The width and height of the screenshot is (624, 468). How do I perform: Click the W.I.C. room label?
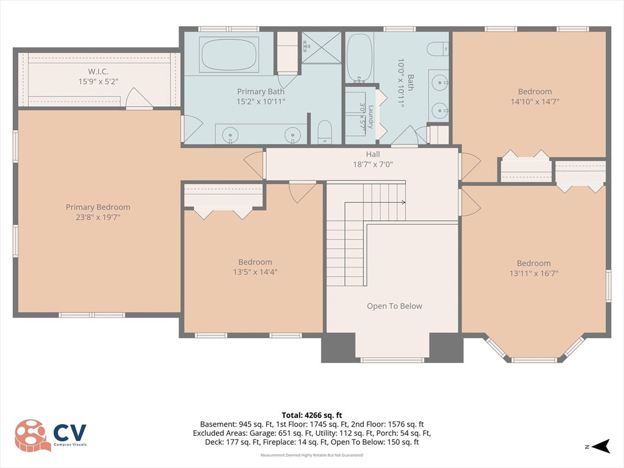click(98, 72)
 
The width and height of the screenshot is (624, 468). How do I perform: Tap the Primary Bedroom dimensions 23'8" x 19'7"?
click(98, 218)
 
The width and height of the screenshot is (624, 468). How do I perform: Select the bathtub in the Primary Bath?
click(229, 54)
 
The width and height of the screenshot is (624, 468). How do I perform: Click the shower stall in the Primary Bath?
click(321, 48)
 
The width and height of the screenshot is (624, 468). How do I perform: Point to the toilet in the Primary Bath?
click(325, 132)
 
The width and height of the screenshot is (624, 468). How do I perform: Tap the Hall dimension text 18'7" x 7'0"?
click(373, 165)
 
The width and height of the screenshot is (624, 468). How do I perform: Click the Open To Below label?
click(394, 306)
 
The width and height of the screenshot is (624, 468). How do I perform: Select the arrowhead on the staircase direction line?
click(403, 202)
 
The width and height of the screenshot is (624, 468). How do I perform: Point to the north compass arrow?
click(601, 446)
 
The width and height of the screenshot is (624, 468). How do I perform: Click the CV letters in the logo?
click(69, 433)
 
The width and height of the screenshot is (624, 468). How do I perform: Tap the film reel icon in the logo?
click(33, 435)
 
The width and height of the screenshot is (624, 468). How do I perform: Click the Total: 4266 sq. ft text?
click(312, 416)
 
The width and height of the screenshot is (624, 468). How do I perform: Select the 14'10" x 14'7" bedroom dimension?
click(535, 102)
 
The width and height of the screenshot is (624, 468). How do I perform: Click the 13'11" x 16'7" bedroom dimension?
click(534, 274)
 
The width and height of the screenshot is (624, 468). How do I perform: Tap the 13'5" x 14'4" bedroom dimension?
click(255, 272)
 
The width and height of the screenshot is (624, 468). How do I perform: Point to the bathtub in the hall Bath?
click(360, 58)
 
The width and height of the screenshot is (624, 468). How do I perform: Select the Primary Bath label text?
click(261, 91)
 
